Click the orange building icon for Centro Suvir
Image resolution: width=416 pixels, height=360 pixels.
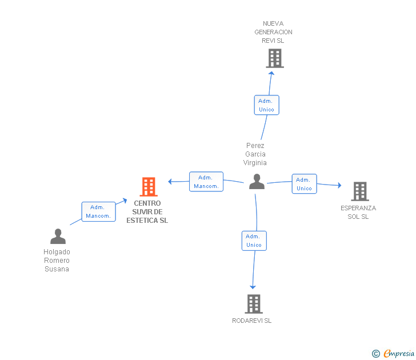(x=149, y=187)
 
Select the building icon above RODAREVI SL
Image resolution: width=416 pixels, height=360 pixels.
(x=254, y=304)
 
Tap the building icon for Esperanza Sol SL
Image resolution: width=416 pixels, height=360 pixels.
(x=360, y=191)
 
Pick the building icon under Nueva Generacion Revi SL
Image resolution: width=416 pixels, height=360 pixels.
(x=275, y=58)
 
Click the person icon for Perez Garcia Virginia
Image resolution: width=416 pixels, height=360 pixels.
(x=257, y=182)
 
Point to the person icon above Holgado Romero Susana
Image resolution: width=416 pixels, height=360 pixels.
(x=58, y=236)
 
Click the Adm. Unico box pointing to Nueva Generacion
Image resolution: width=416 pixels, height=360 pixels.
(x=267, y=105)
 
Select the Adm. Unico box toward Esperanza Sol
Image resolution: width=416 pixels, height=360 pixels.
(x=305, y=184)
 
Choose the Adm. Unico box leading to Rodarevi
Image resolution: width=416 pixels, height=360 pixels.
(x=254, y=241)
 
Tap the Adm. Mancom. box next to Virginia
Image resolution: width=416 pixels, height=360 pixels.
(x=206, y=182)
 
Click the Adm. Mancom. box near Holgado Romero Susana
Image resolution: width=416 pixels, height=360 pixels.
(x=98, y=211)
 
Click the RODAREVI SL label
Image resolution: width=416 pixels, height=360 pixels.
(x=252, y=321)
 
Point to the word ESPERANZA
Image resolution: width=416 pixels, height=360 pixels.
(x=358, y=208)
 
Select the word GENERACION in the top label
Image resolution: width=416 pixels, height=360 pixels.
(x=273, y=32)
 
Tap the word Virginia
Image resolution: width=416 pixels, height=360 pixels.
(x=255, y=163)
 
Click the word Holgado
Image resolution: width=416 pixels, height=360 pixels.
(x=57, y=252)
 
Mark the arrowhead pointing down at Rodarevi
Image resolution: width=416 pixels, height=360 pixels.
(x=253, y=287)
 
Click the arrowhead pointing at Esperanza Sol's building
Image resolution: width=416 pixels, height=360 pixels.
(x=339, y=185)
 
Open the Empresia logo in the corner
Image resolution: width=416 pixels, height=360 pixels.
(x=393, y=353)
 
